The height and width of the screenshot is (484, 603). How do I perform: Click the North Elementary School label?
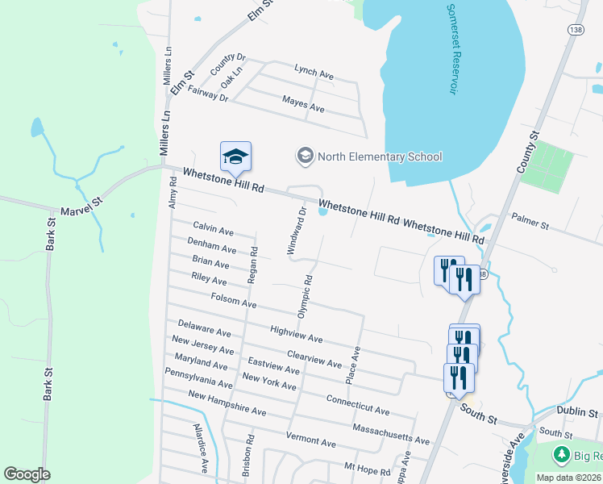click(x=379, y=156)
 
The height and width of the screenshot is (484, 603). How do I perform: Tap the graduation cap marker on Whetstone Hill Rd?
click(x=235, y=156)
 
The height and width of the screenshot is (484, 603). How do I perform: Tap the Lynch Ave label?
click(x=314, y=73)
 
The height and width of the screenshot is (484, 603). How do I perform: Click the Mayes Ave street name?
click(x=303, y=104)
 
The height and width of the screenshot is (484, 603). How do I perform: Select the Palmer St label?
click(x=530, y=219)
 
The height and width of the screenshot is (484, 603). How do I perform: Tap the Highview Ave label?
click(x=296, y=335)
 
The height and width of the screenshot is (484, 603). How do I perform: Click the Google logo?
click(x=27, y=474)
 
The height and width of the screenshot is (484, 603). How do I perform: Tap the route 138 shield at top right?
click(x=575, y=29)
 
